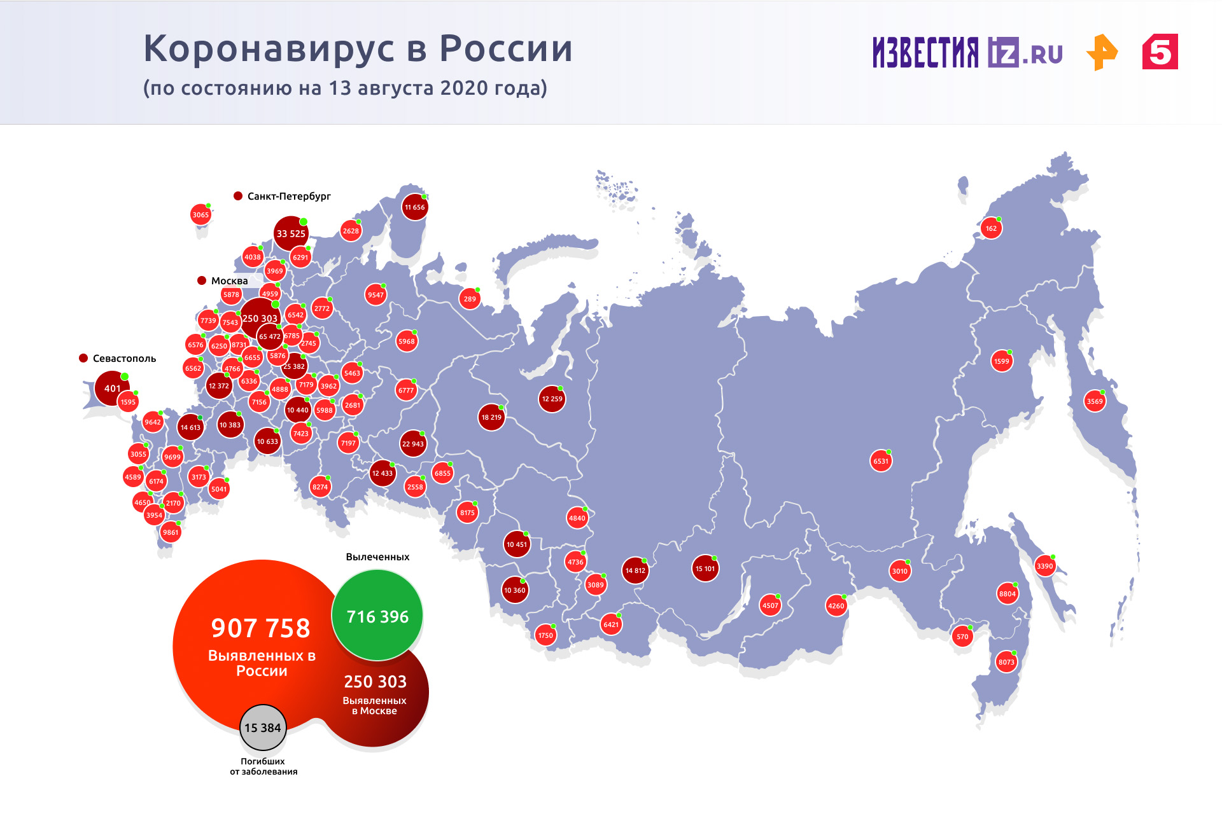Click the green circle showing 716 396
point(377,616)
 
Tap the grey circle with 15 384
point(263,728)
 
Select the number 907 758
point(261,628)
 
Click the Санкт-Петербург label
point(289,197)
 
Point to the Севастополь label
point(124,359)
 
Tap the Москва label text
point(229,281)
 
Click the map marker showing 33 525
point(291,233)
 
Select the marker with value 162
point(991,228)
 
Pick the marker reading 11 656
point(415,207)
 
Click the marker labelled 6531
point(881,461)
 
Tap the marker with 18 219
point(491,417)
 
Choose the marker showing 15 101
point(705,569)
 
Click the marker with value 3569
point(1095,401)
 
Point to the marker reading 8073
point(1006,662)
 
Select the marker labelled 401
point(112,389)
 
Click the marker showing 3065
point(200,215)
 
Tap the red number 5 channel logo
point(1160,52)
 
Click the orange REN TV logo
point(1102,52)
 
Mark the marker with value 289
point(470,299)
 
